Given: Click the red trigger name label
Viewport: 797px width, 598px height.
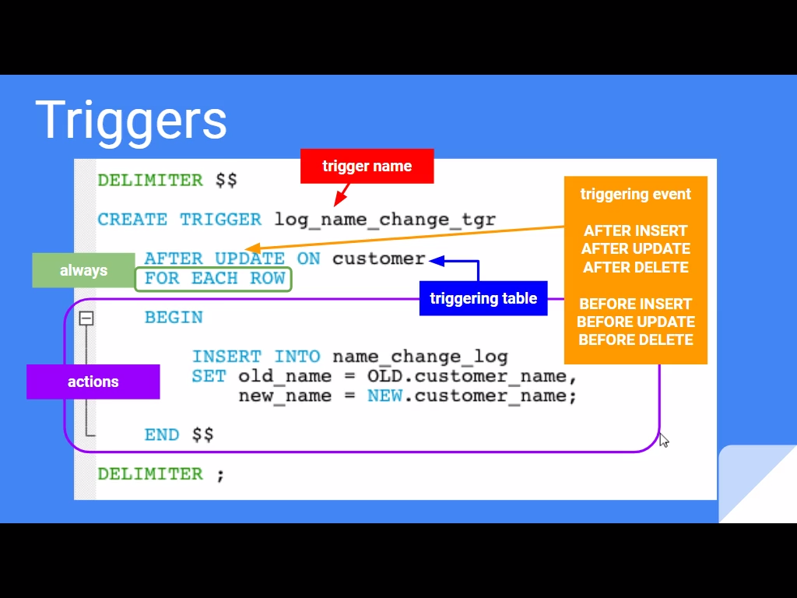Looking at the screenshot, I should (367, 166).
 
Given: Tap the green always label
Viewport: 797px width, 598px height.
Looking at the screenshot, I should (83, 270).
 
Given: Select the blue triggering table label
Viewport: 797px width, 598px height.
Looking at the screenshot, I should (483, 298).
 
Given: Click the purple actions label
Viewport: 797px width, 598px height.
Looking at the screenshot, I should (93, 382).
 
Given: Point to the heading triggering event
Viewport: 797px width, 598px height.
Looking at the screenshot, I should (635, 194).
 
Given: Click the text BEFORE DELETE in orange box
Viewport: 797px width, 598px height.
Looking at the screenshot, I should (635, 339).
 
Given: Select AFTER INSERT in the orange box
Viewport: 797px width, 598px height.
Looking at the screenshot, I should (635, 230).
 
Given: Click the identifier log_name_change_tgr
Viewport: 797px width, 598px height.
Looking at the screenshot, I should (384, 220).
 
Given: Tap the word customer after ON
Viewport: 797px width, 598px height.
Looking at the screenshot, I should (378, 259).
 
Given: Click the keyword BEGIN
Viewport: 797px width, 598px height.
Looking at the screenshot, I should (173, 318).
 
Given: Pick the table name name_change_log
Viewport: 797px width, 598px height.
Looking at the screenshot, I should (420, 357).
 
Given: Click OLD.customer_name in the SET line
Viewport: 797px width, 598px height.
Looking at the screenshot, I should (472, 376).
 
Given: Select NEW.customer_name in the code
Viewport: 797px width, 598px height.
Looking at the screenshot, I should (472, 396).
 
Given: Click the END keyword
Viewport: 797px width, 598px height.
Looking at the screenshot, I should (162, 434).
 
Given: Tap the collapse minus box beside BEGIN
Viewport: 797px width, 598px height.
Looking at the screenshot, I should (86, 318).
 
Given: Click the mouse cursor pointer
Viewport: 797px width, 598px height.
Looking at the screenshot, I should (663, 440).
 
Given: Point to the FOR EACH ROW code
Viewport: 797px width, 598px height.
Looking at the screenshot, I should (214, 279).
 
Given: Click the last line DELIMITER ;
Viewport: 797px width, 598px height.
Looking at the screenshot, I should (160, 473).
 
